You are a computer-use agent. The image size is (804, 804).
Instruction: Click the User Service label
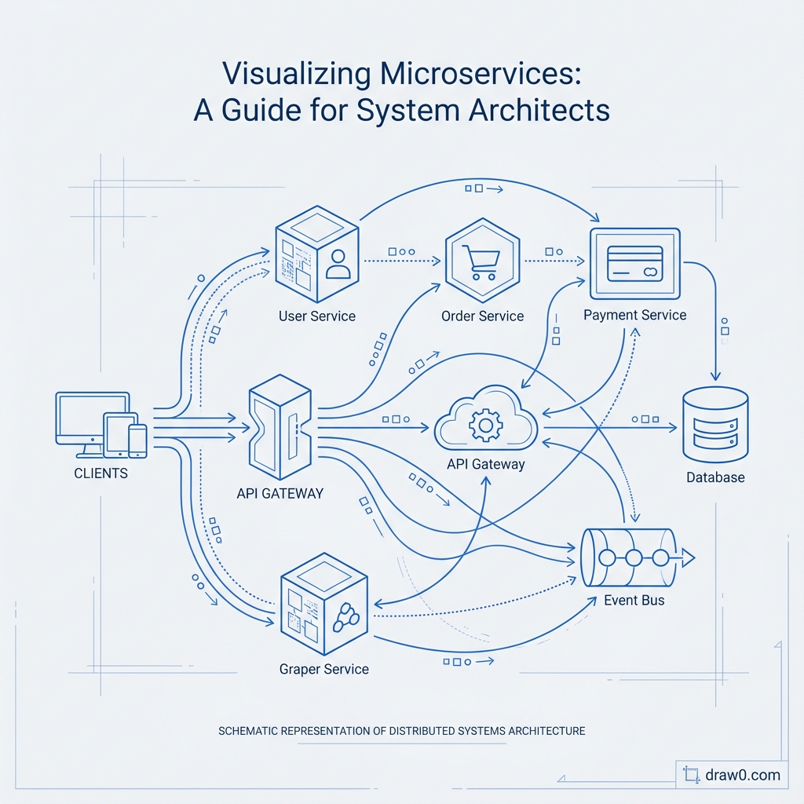[316, 316]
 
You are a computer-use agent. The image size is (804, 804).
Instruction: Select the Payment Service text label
[634, 315]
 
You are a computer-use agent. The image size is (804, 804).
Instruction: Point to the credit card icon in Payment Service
[635, 261]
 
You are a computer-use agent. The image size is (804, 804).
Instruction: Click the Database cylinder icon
[715, 424]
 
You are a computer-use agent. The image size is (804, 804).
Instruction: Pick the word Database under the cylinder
[715, 477]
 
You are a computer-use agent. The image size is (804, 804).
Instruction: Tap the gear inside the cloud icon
[484, 426]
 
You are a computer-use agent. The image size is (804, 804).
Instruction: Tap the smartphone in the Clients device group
[137, 440]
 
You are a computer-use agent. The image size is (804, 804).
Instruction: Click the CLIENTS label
[100, 474]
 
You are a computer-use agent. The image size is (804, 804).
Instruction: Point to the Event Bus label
[634, 601]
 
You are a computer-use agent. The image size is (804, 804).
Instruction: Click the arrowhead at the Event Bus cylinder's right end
[689, 558]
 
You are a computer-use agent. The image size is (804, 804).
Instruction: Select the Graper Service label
[323, 670]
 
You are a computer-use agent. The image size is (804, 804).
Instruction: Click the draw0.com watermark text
[743, 775]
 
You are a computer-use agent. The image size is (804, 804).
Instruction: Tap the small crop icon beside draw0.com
[692, 775]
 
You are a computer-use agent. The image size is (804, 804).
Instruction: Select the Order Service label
[482, 316]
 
